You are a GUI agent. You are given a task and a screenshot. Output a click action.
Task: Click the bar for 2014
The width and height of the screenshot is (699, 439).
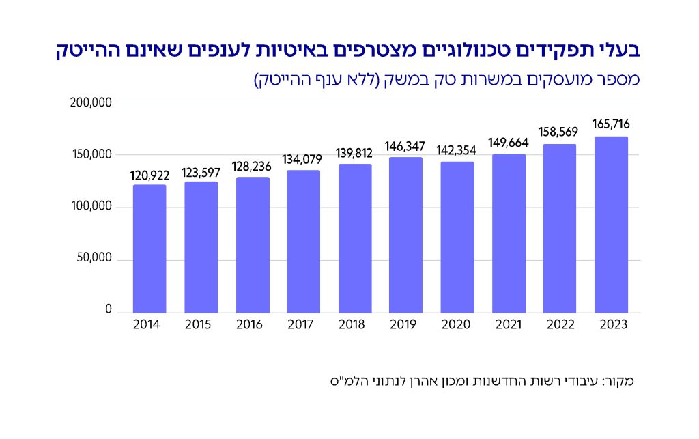[x=149, y=249]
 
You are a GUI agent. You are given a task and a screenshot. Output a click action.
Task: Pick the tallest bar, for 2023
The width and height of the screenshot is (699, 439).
[x=611, y=225]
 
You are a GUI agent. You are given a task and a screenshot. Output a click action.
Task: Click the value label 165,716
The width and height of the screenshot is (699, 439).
[x=611, y=124]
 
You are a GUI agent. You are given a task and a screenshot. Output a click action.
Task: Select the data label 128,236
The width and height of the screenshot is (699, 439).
[x=253, y=165]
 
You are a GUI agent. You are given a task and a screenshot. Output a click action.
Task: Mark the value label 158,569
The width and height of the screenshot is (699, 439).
[x=560, y=132]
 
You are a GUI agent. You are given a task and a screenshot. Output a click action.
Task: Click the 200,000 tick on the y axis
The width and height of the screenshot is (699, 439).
[x=91, y=102]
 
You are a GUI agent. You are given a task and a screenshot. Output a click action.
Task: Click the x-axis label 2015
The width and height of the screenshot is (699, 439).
[x=201, y=325]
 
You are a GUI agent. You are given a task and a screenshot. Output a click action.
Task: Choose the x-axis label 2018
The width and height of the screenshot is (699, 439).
[x=354, y=325]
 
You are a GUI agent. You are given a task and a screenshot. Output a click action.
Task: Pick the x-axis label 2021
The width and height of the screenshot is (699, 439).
[x=509, y=325]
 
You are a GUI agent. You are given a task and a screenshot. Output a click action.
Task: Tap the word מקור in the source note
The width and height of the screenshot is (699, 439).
[x=620, y=380]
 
